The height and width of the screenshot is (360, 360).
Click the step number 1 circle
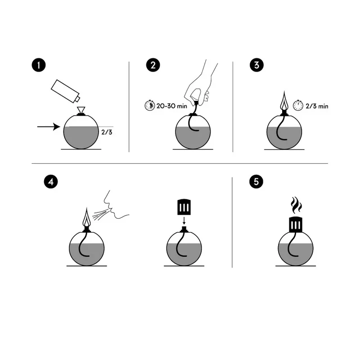pyautogui.click(x=39, y=65)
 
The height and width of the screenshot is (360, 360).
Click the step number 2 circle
pyautogui.click(x=153, y=65)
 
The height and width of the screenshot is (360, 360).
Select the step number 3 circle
pyautogui.click(x=256, y=65)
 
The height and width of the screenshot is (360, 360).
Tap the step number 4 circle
pyautogui.click(x=51, y=182)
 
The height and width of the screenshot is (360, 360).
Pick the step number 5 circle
pyautogui.click(x=256, y=182)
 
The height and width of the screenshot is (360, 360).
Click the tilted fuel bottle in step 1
pyautogui.click(x=65, y=91)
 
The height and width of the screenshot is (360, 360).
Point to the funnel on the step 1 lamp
pyautogui.click(x=81, y=110)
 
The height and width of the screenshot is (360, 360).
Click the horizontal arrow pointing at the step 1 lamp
pyautogui.click(x=49, y=126)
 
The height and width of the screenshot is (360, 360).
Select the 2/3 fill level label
pyautogui.click(x=107, y=132)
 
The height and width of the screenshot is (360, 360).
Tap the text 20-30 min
pyautogui.click(x=172, y=106)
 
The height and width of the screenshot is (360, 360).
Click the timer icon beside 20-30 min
pyautogui.click(x=150, y=105)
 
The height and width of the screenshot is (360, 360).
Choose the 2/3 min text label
pyautogui.click(x=317, y=106)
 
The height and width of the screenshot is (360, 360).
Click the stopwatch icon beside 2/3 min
pyautogui.click(x=298, y=105)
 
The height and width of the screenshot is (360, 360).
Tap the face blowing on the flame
pyautogui.click(x=117, y=205)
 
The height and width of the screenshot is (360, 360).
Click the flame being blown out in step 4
pyautogui.click(x=86, y=217)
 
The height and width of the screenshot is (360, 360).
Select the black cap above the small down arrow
pyautogui.click(x=184, y=207)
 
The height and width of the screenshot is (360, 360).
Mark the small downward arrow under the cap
pyautogui.click(x=184, y=220)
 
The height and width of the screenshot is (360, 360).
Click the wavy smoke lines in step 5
pyautogui.click(x=297, y=205)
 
